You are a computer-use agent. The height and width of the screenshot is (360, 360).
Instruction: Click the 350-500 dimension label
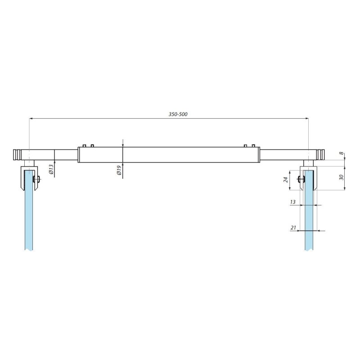click(178, 114)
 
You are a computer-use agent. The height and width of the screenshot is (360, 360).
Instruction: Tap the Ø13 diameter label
click(51, 169)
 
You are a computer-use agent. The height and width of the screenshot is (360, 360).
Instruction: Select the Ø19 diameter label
click(119, 171)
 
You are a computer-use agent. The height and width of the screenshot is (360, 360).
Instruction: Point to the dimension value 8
click(342, 153)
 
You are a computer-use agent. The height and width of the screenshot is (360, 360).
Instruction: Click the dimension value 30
click(342, 177)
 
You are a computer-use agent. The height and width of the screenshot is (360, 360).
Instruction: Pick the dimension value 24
click(286, 180)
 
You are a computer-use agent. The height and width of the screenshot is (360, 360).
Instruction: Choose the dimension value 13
click(293, 202)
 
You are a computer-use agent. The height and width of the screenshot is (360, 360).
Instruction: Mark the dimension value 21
click(293, 228)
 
